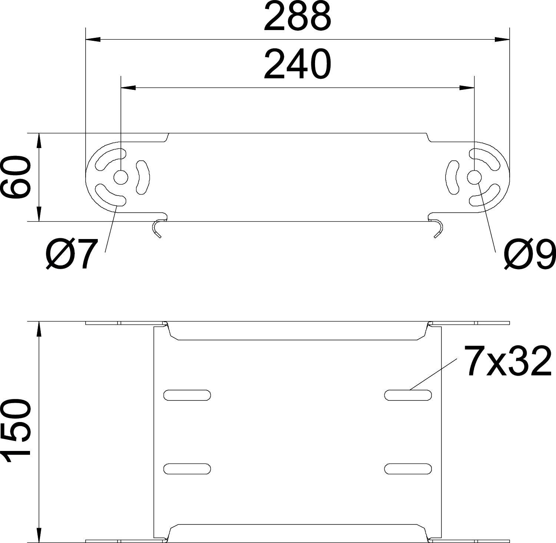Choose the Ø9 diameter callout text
(x=529, y=254)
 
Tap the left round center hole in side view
(x=120, y=178)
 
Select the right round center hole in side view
(x=474, y=178)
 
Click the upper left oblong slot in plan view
(x=187, y=395)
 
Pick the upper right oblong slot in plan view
(x=408, y=395)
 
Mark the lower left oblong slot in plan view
(x=187, y=469)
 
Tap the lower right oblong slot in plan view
(x=408, y=469)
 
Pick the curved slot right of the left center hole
(x=143, y=177)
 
